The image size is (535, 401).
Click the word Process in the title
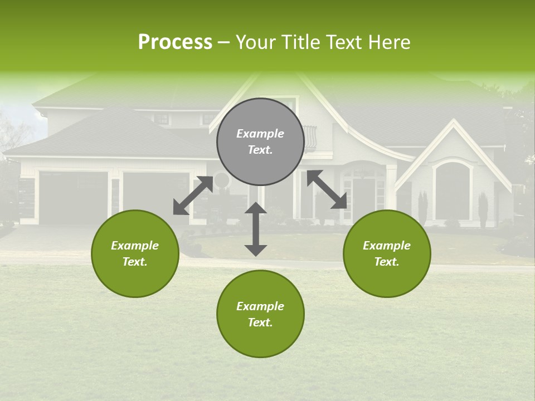pyautogui.click(x=175, y=42)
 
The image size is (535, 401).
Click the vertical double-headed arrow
pyautogui.click(x=256, y=229)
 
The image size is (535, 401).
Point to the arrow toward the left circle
pyautogui.click(x=193, y=195)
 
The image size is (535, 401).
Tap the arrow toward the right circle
pyautogui.click(x=327, y=190)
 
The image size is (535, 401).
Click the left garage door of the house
pyautogui.click(x=74, y=198)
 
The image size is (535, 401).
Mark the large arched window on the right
pyautogui.click(x=452, y=192)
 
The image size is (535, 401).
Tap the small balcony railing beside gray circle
pyautogui.click(x=310, y=138)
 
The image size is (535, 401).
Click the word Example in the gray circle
pyautogui.click(x=260, y=134)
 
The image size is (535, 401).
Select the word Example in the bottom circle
pyautogui.click(x=260, y=306)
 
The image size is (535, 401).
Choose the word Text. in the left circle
pyautogui.click(x=135, y=262)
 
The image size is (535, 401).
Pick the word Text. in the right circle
pyautogui.click(x=387, y=262)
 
